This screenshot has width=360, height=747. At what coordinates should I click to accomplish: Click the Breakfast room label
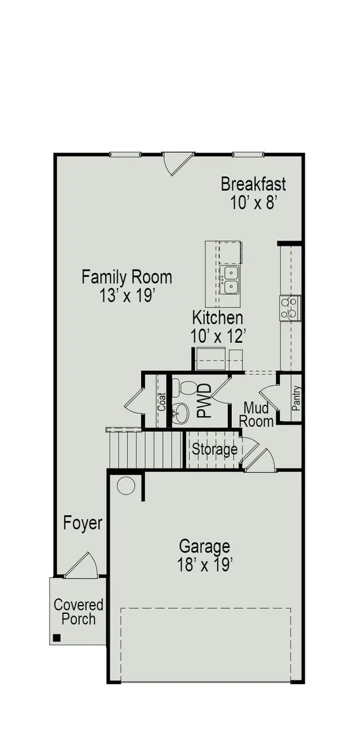click(253, 184)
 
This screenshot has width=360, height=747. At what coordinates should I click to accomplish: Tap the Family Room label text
click(127, 277)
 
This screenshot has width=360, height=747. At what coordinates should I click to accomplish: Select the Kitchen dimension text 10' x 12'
click(218, 336)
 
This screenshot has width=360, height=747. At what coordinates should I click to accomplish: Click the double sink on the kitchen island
click(230, 280)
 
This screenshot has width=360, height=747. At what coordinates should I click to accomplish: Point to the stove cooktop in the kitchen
click(290, 308)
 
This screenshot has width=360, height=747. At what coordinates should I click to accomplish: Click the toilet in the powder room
click(185, 388)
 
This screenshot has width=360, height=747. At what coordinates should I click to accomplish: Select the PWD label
click(204, 400)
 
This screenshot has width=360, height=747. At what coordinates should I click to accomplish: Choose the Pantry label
click(296, 398)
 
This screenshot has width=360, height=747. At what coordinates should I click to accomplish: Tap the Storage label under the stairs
click(215, 449)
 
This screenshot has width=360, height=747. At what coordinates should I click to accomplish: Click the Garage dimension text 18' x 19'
click(205, 565)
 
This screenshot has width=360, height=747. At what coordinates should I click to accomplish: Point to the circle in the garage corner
click(126, 485)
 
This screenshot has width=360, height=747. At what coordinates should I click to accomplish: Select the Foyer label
click(83, 523)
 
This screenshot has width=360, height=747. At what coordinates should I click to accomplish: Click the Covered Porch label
click(79, 612)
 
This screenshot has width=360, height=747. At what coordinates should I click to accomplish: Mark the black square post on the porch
click(57, 637)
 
